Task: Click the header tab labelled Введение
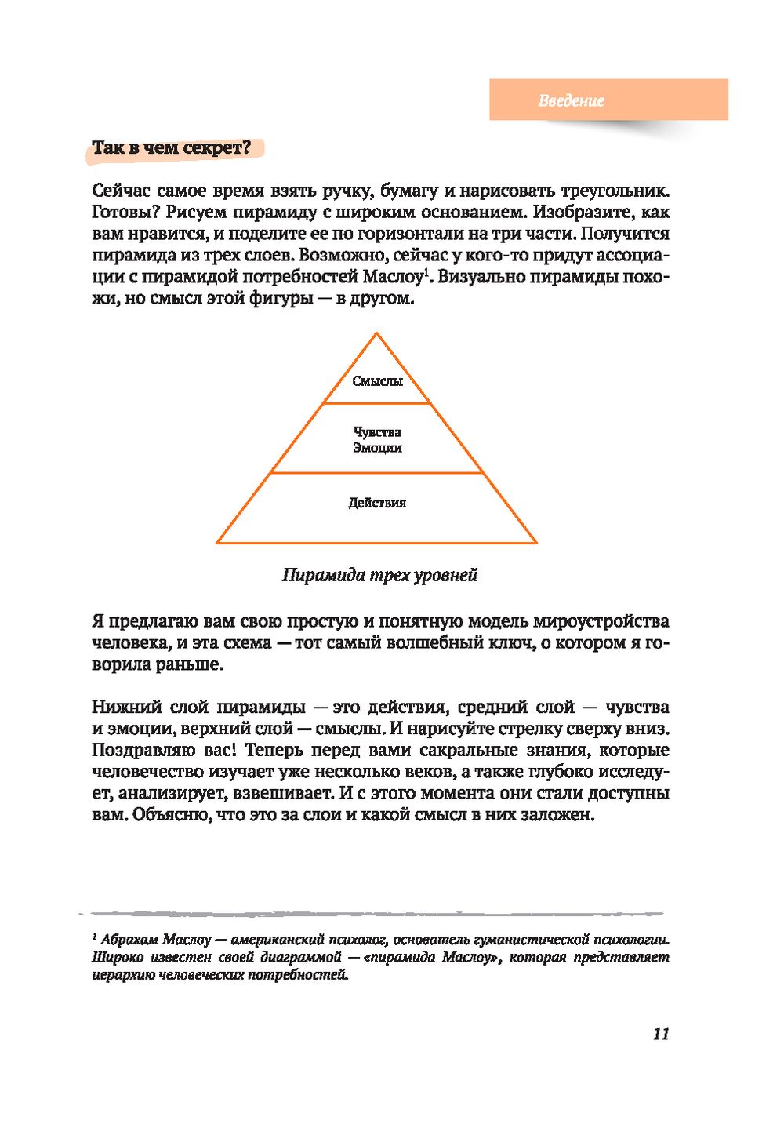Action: pos(572,100)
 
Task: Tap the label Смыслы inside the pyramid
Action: pos(377,381)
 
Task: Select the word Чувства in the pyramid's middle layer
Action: pos(377,432)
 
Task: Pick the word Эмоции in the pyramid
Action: pos(377,448)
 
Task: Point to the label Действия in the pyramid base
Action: pos(377,503)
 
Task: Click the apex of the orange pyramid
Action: pos(377,334)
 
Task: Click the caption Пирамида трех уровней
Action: pos(379,576)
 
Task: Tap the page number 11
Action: pos(661,1034)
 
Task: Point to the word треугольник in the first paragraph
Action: pos(616,191)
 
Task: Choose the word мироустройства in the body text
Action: pos(601,622)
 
